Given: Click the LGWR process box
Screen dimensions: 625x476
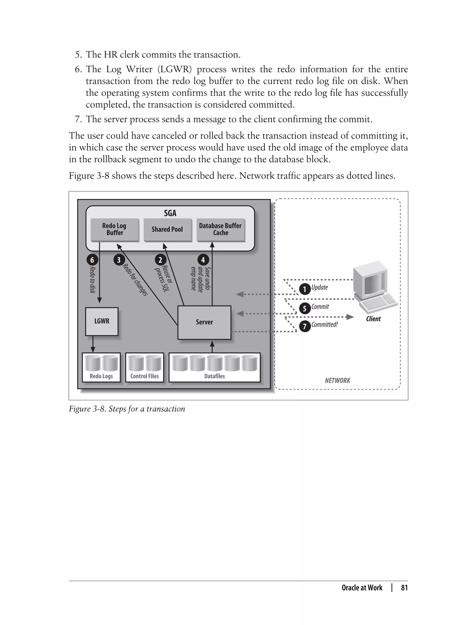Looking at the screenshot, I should [x=102, y=321].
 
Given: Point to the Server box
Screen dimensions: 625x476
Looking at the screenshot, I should [x=204, y=322].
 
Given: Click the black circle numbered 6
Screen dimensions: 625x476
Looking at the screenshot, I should [x=92, y=260].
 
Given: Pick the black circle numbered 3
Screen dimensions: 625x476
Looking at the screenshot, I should [x=119, y=260].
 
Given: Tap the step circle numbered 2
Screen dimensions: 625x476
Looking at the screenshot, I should [x=160, y=260].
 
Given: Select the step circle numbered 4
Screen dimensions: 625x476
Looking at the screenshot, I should [x=203, y=260].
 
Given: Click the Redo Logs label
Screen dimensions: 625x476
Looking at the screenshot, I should [x=101, y=376].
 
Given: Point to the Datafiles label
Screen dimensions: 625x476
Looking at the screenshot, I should [x=215, y=376].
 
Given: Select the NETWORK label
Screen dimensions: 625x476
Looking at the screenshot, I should [x=337, y=380].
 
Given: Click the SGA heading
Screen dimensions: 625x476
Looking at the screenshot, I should [x=170, y=213].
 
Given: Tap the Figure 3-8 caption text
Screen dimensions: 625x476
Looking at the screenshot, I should [x=127, y=409].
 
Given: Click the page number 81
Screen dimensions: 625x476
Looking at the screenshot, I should [x=404, y=588].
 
